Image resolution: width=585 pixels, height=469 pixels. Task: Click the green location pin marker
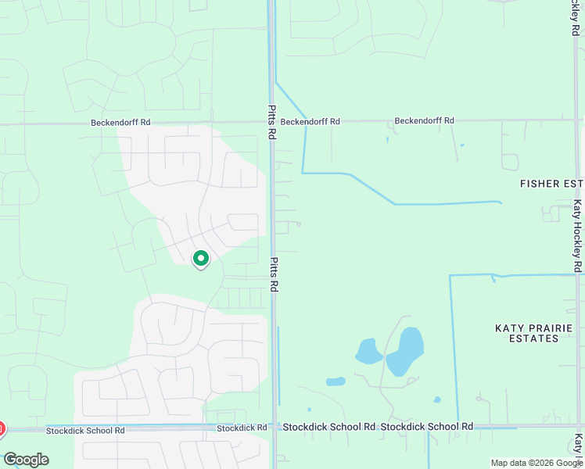pos(201,258)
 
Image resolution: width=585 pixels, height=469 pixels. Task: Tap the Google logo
pos(26,460)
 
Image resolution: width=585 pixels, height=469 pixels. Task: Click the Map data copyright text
pos(537,463)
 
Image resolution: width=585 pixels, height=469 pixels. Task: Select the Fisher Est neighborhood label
pos(551,183)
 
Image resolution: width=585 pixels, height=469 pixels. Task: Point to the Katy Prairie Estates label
pos(534,333)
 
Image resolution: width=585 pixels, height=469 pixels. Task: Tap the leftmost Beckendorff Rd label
pos(120,123)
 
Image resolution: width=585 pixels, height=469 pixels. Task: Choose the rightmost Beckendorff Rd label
pos(424,121)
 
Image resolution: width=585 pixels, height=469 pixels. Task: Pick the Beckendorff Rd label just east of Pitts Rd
pos(310,122)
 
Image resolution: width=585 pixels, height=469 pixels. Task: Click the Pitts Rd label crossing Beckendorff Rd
pos(272,123)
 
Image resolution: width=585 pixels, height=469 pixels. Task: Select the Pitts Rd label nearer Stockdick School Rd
pos(274,275)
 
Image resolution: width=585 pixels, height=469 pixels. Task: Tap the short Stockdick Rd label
pos(242,428)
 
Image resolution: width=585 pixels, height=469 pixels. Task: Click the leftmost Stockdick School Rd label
pos(85,431)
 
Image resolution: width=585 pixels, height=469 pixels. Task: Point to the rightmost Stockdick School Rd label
pos(427,427)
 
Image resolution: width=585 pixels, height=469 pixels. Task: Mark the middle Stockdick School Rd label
pos(329,427)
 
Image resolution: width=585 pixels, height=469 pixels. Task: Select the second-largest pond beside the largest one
pos(368,352)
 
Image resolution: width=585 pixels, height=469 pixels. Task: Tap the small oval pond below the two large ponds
pos(336,382)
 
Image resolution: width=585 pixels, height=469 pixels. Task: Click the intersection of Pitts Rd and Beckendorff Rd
pos(272,122)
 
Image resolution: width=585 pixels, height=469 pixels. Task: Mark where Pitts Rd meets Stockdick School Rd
pos(273,428)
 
